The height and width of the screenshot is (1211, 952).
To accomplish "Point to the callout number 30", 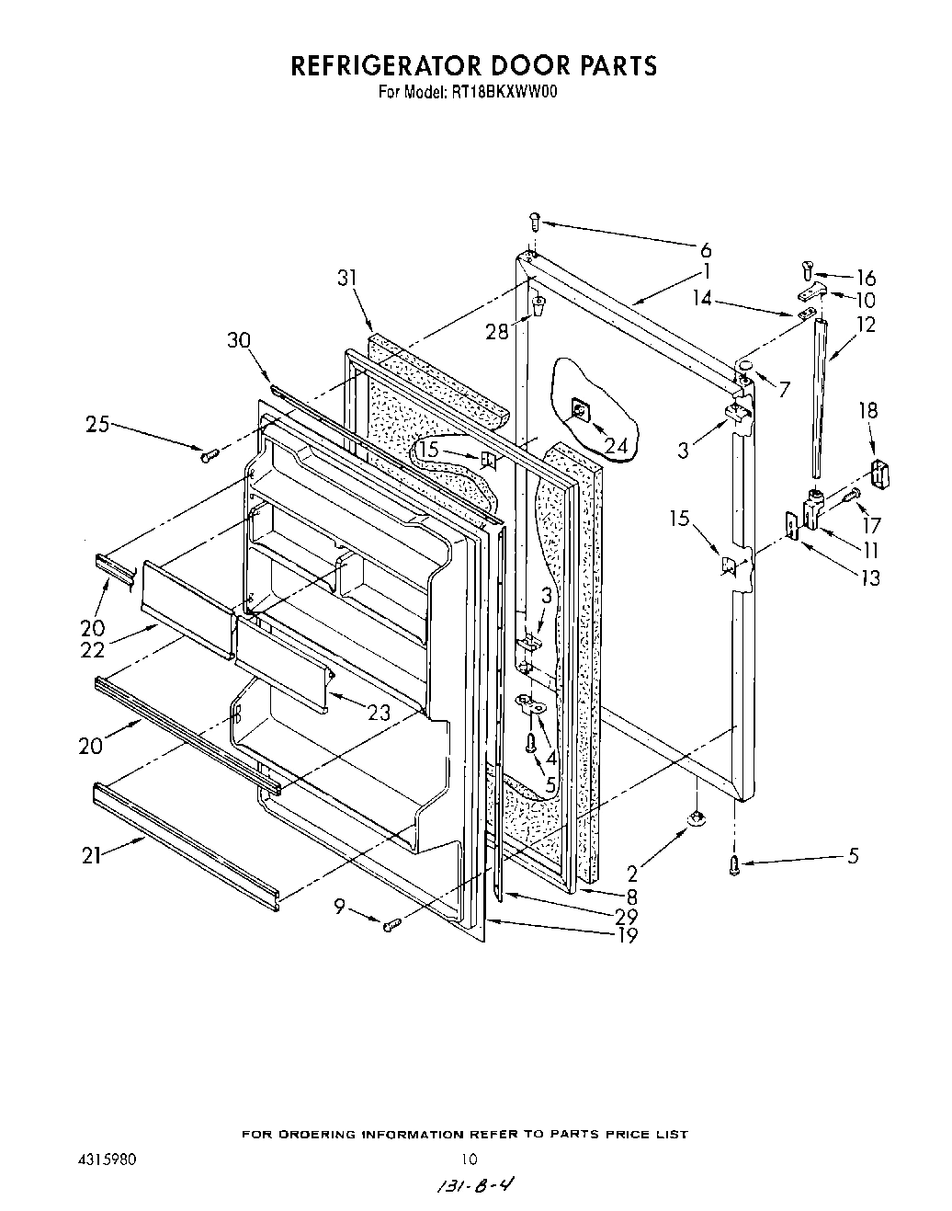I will pyautogui.click(x=239, y=339).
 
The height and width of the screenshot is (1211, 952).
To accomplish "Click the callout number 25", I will pyautogui.click(x=98, y=424).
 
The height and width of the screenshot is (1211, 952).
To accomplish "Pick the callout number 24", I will pyautogui.click(x=618, y=445).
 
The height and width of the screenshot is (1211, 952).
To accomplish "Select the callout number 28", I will pyautogui.click(x=497, y=331).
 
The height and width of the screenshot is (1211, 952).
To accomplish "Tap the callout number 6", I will pyautogui.click(x=705, y=249).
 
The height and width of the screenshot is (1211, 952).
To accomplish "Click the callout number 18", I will pyautogui.click(x=867, y=410).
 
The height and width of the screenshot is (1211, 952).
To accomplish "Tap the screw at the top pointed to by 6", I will pyautogui.click(x=536, y=221).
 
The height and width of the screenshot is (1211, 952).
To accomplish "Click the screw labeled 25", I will pyautogui.click(x=207, y=451).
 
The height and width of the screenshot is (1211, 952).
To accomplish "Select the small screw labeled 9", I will pyautogui.click(x=391, y=923).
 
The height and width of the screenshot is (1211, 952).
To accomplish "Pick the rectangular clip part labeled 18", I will pyautogui.click(x=880, y=475).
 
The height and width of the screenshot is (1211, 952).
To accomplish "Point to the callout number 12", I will pyautogui.click(x=865, y=325).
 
